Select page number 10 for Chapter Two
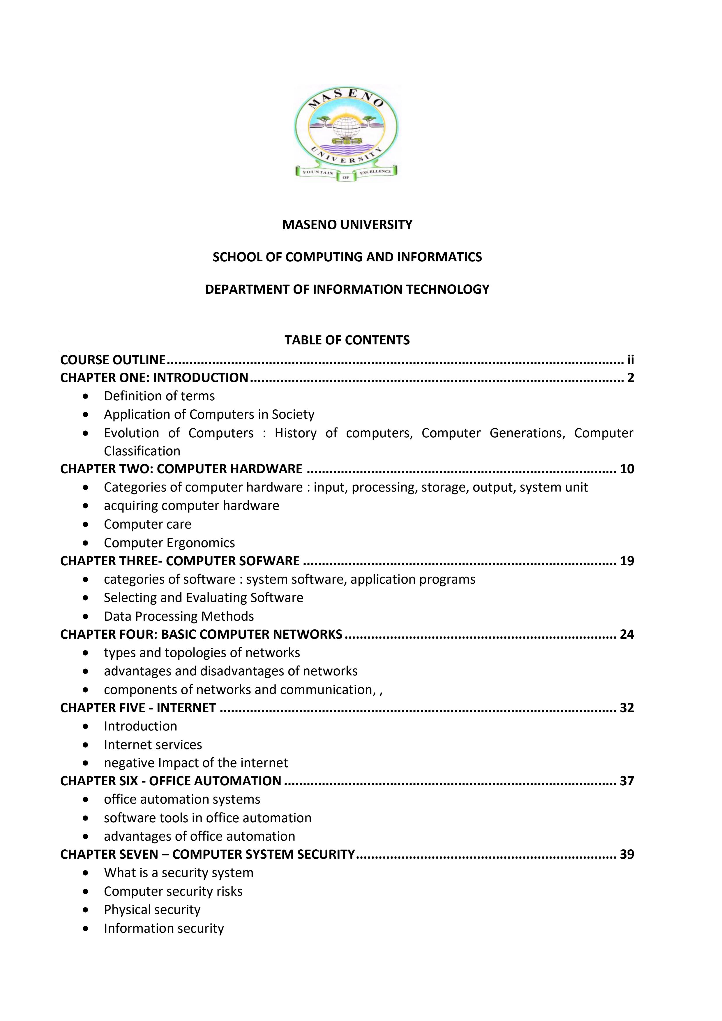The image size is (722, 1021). (627, 469)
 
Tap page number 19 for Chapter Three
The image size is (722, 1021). (627, 561)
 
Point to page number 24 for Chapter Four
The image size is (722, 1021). (627, 635)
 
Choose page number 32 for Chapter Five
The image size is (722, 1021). (627, 708)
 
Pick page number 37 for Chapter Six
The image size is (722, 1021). (627, 781)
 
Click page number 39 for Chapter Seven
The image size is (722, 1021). (627, 855)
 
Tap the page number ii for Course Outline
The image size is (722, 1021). (631, 360)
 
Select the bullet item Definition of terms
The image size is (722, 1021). (159, 396)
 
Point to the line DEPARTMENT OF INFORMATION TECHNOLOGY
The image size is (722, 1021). (347, 290)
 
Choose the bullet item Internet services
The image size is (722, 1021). (153, 745)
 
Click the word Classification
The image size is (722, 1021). (142, 451)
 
